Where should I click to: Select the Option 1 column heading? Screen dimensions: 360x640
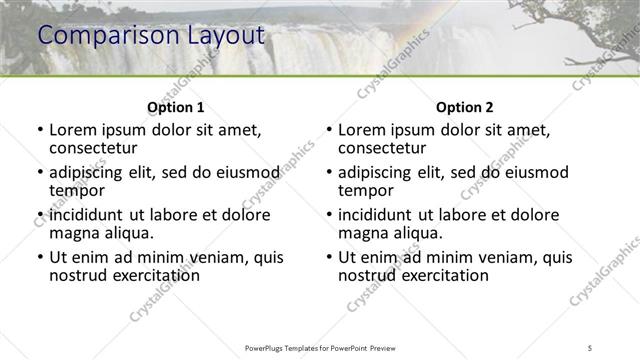tap(176, 106)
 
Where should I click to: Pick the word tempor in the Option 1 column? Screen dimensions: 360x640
tap(77, 191)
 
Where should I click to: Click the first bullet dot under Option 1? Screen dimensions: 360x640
tap(39, 131)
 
